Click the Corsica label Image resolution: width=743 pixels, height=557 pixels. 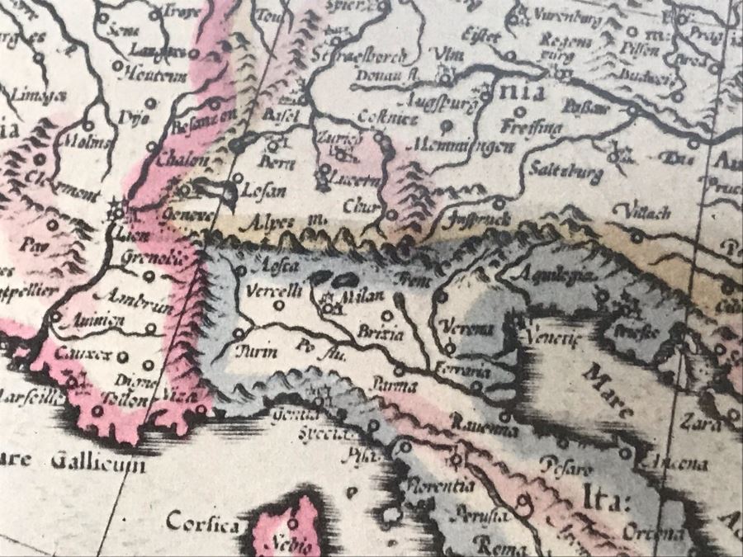pos(203,522)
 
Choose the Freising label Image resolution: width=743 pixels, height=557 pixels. pos(532,128)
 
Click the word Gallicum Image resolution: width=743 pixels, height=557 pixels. pos(97,463)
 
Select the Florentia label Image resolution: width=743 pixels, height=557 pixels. pos(440,486)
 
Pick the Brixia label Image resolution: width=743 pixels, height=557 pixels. pos(381,335)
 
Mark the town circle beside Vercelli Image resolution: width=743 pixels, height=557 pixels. pos(280,304)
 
